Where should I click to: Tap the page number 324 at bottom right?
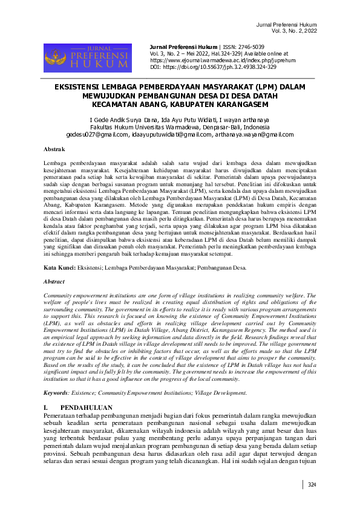point(312,485)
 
